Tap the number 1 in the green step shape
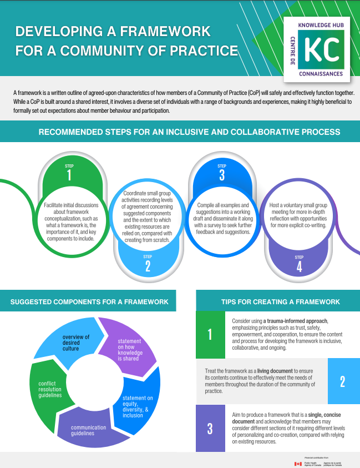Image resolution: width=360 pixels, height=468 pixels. tap(69, 176)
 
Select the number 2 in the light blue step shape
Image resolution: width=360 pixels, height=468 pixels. tap(147, 267)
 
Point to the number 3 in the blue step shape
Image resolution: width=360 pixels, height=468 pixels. tap(221, 176)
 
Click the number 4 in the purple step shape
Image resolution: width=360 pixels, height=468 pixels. tap(299, 267)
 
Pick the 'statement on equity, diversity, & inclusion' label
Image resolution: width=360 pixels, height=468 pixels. tap(138, 406)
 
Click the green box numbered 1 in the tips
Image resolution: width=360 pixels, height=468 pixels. tap(210, 334)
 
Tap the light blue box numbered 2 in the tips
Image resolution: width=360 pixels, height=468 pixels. tap(342, 381)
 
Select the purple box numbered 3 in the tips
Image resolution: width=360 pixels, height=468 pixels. tap(210, 429)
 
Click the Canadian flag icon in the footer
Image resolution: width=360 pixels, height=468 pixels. tap(298, 463)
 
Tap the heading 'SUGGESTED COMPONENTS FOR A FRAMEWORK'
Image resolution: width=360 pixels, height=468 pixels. tap(89, 302)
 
